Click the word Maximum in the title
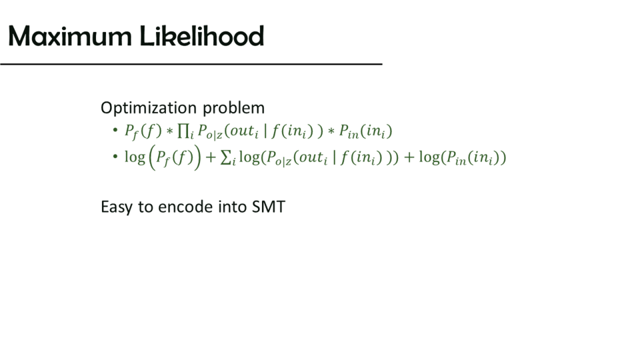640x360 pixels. coord(70,36)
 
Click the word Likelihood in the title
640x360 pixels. coord(201,35)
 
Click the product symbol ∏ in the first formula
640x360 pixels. coord(183,131)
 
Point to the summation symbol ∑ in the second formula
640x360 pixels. coord(225,157)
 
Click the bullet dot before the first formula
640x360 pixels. coord(115,130)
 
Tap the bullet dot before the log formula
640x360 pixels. coord(115,156)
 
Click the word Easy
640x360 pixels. coord(116,207)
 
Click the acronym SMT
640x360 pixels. coord(268,207)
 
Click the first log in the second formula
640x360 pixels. coord(135,157)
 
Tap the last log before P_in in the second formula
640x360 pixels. coord(429,157)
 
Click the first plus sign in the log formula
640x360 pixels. coord(211,157)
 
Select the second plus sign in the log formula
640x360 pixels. coord(409,157)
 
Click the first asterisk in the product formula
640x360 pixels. coord(170,131)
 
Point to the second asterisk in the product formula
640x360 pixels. coord(331,131)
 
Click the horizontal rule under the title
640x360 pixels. coord(191,64)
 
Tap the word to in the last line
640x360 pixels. coord(145,207)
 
